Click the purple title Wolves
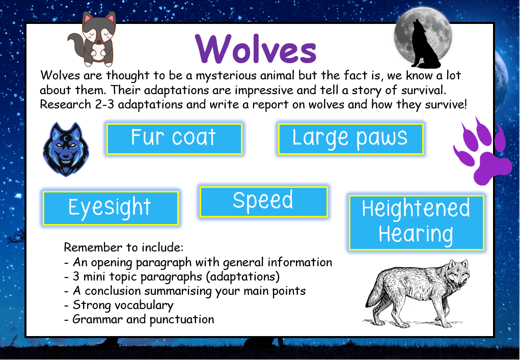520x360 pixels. click(x=256, y=49)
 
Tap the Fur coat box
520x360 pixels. click(x=174, y=138)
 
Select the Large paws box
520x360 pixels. click(x=350, y=138)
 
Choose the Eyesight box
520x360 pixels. click(x=111, y=208)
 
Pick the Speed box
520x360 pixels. click(x=263, y=201)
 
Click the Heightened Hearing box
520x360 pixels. click(x=416, y=222)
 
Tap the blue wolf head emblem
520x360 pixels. click(x=66, y=149)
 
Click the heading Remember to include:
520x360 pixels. click(x=123, y=248)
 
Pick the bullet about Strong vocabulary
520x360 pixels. click(x=123, y=305)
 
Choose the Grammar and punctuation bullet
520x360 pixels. click(x=143, y=319)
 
